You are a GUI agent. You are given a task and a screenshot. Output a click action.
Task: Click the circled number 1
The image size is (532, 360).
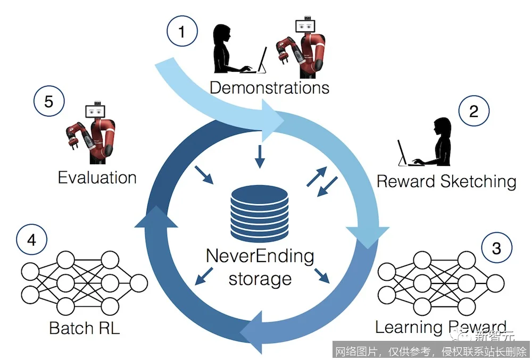pos(181,33)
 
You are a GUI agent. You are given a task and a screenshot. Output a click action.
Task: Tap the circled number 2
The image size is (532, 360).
pos(473,112)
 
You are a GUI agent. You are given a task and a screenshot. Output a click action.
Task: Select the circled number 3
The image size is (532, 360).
pos(496,248)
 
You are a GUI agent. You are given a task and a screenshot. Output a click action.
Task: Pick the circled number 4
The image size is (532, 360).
pos(31,240)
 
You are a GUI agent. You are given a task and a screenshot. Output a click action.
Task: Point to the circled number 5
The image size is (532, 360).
pos(48,101)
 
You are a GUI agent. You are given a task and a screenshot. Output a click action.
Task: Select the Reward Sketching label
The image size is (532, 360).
pos(446,181)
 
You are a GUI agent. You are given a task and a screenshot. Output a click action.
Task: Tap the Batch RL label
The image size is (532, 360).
pos(85,327)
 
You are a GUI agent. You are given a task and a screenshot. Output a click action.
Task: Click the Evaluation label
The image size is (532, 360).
pos(97,177)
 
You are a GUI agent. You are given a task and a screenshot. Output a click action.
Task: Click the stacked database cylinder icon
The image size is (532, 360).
pos(260,213)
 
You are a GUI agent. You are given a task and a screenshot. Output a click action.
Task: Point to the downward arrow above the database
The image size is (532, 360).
pos(260,156)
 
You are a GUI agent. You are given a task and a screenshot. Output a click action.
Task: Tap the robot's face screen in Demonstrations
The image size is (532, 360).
pos(305,27)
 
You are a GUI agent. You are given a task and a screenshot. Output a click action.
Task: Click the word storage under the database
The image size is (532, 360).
pos(260,279)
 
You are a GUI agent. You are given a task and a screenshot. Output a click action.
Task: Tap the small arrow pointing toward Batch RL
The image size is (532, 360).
pos(202,276)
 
